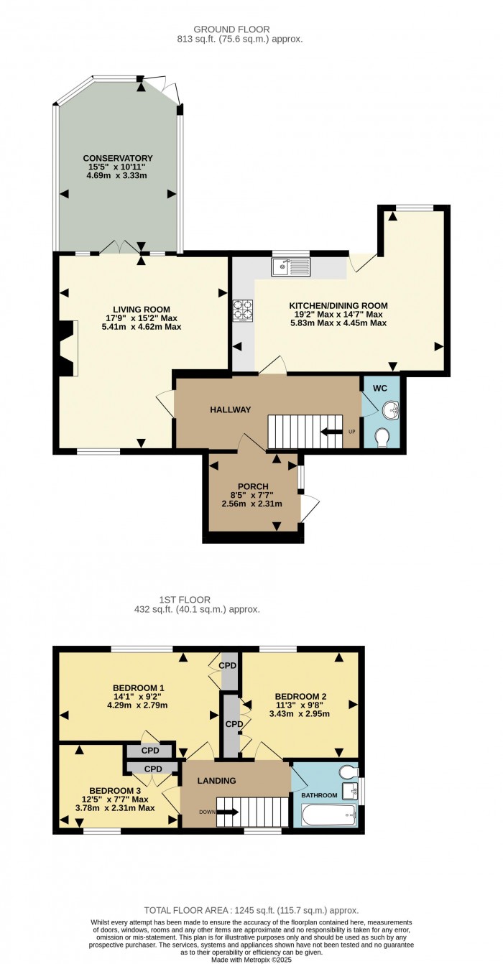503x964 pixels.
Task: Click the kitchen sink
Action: pos(290,267)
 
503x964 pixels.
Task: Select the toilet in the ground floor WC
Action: pos(382,437)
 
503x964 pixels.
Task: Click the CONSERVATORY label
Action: pos(118,158)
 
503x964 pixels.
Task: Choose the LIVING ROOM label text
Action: pos(142,310)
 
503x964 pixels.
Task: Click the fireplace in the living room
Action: pos(66,348)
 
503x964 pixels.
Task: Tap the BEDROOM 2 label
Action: pos(300,696)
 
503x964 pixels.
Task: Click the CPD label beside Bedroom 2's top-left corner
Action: pos(227,665)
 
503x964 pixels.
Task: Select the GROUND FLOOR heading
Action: pos(231,29)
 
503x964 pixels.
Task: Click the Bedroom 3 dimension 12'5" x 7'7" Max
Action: pos(114,800)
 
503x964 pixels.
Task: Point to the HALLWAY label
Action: pos(231,409)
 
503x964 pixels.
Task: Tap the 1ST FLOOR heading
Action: pos(185,600)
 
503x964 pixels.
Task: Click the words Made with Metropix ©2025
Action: pos(251,960)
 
